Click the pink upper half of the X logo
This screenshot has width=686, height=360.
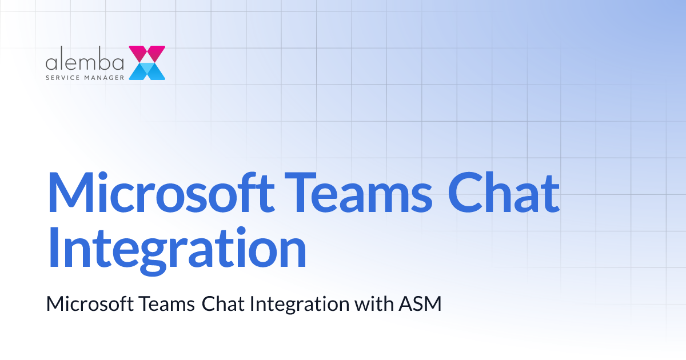click(147, 54)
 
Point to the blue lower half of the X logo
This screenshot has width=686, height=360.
click(147, 71)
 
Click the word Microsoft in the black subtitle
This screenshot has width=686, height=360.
click(89, 304)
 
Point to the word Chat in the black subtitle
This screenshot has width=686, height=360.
click(223, 304)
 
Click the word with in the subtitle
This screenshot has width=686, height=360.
click(372, 304)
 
